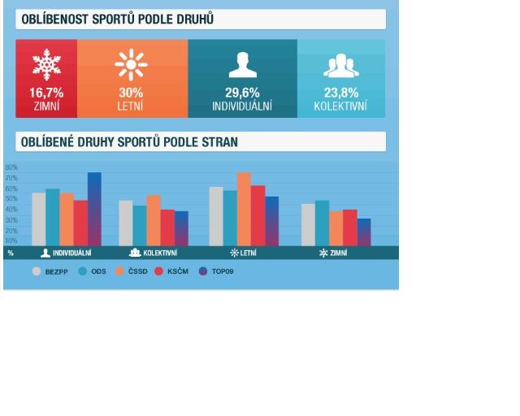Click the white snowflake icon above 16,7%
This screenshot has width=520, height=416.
[46, 65]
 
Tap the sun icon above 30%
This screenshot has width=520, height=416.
[130, 65]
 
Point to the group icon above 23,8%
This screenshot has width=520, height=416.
[340, 66]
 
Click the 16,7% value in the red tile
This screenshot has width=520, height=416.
[46, 93]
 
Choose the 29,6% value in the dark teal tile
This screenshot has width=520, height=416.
[242, 93]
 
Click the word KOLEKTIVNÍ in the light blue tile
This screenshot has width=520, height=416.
[340, 106]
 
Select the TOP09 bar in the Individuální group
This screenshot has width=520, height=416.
[94, 209]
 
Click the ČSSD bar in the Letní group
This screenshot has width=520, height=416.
[244, 209]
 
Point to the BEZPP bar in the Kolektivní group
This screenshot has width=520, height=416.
[126, 223]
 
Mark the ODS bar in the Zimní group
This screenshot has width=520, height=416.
[322, 223]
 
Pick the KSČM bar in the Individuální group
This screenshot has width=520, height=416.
[80, 223]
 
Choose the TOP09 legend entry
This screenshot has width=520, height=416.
[217, 271]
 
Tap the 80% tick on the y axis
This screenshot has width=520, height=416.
[11, 167]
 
